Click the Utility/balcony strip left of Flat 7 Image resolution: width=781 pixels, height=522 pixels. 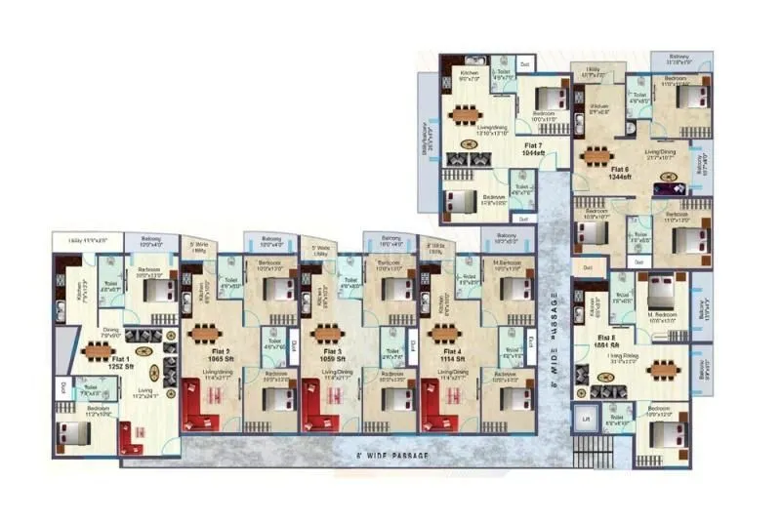tap(427, 137)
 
